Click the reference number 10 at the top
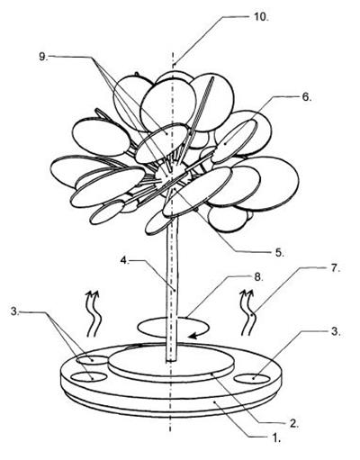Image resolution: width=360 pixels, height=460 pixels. click(260, 17)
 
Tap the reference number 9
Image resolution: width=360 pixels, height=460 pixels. click(43, 57)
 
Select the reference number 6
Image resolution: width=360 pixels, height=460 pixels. click(306, 97)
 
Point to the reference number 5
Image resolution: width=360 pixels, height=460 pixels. click(279, 252)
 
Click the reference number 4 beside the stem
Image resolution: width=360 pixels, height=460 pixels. click(124, 260)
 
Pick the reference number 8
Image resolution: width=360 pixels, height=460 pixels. click(258, 276)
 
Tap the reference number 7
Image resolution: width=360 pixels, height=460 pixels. click(335, 268)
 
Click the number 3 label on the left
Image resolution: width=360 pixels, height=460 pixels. click(15, 311)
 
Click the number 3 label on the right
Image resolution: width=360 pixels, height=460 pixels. click(335, 331)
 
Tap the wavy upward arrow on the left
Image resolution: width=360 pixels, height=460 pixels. click(94, 313)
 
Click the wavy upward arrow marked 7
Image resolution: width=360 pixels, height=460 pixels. click(249, 312)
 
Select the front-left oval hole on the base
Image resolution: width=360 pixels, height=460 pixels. click(90, 376)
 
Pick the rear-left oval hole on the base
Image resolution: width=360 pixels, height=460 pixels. click(93, 359)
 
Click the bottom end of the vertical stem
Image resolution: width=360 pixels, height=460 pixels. click(171, 360)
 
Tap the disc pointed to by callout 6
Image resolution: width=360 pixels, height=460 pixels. click(235, 142)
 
